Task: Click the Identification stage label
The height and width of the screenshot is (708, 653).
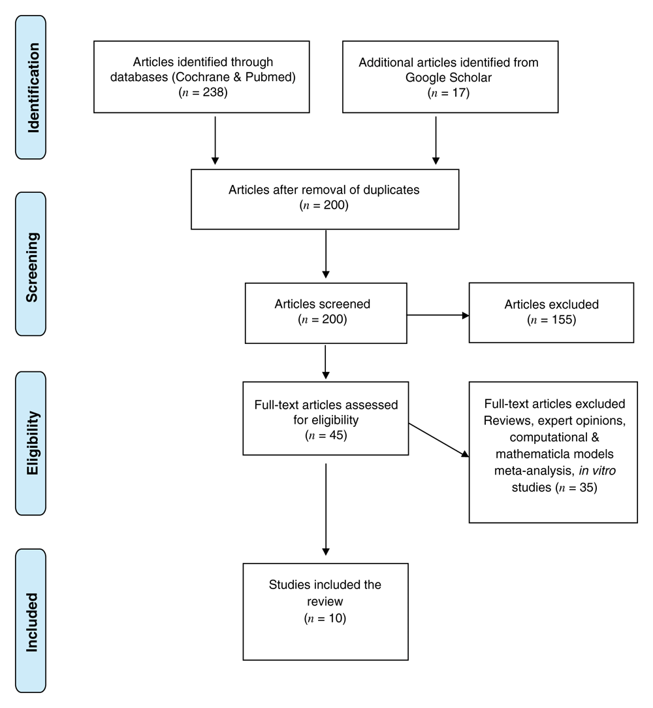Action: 33,88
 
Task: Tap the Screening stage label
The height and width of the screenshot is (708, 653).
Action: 33,267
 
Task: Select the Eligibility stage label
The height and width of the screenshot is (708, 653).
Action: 33,443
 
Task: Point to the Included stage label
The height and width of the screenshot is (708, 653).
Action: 32,622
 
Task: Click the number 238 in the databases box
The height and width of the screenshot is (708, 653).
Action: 214,92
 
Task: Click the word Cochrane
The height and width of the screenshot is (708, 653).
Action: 202,77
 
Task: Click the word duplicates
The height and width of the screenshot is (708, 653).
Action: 391,190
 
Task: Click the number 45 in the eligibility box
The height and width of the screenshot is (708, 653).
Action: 336,435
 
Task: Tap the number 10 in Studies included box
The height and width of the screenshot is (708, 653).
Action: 336,618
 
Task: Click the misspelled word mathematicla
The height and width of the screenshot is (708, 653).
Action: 526,454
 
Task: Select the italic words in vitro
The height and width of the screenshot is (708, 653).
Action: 597,471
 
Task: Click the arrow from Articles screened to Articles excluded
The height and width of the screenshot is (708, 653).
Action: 438,315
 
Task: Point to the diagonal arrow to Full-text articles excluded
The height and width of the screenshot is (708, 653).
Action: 439,440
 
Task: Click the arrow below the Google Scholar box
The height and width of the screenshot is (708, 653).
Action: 436,141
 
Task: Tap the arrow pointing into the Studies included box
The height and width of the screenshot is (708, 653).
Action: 326,509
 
